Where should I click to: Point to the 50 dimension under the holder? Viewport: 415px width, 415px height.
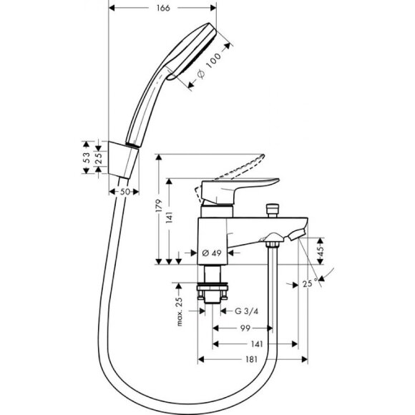click(x=124, y=192)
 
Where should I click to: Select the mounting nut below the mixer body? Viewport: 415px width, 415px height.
click(x=213, y=293)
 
